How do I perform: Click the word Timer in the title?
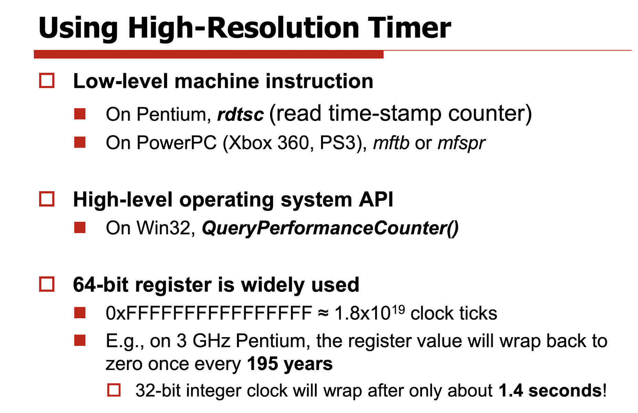pos(409,28)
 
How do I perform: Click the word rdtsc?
pos(240,114)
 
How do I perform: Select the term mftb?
pos(391,142)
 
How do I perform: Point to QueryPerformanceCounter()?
pos(330,228)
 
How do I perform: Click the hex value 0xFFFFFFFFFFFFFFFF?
pos(209,313)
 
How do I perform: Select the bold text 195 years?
pos(290,364)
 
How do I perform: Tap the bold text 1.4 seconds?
pos(550,391)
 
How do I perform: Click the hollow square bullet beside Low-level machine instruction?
pos(47,81)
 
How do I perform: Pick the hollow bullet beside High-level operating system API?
pos(47,199)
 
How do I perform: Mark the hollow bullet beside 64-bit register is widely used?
pos(47,284)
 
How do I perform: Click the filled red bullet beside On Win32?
pos(80,228)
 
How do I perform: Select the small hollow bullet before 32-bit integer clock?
pos(114,390)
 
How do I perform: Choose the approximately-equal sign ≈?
pos(323,314)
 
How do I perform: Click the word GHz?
pos(211,341)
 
